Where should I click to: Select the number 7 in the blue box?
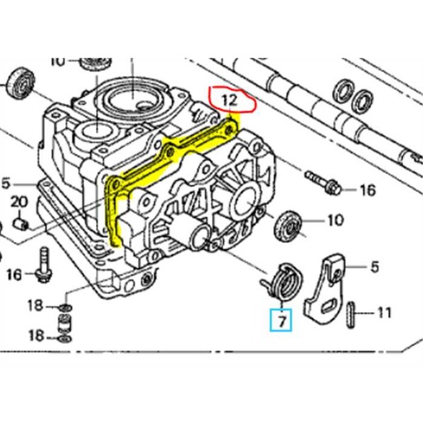pyautogui.click(x=281, y=318)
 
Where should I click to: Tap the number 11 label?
pyautogui.click(x=384, y=313)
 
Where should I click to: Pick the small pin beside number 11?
pyautogui.click(x=352, y=314)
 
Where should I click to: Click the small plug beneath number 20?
pyautogui.click(x=25, y=223)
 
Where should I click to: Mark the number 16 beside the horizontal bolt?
pyautogui.click(x=367, y=191)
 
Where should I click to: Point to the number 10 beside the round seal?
pyautogui.click(x=335, y=221)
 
